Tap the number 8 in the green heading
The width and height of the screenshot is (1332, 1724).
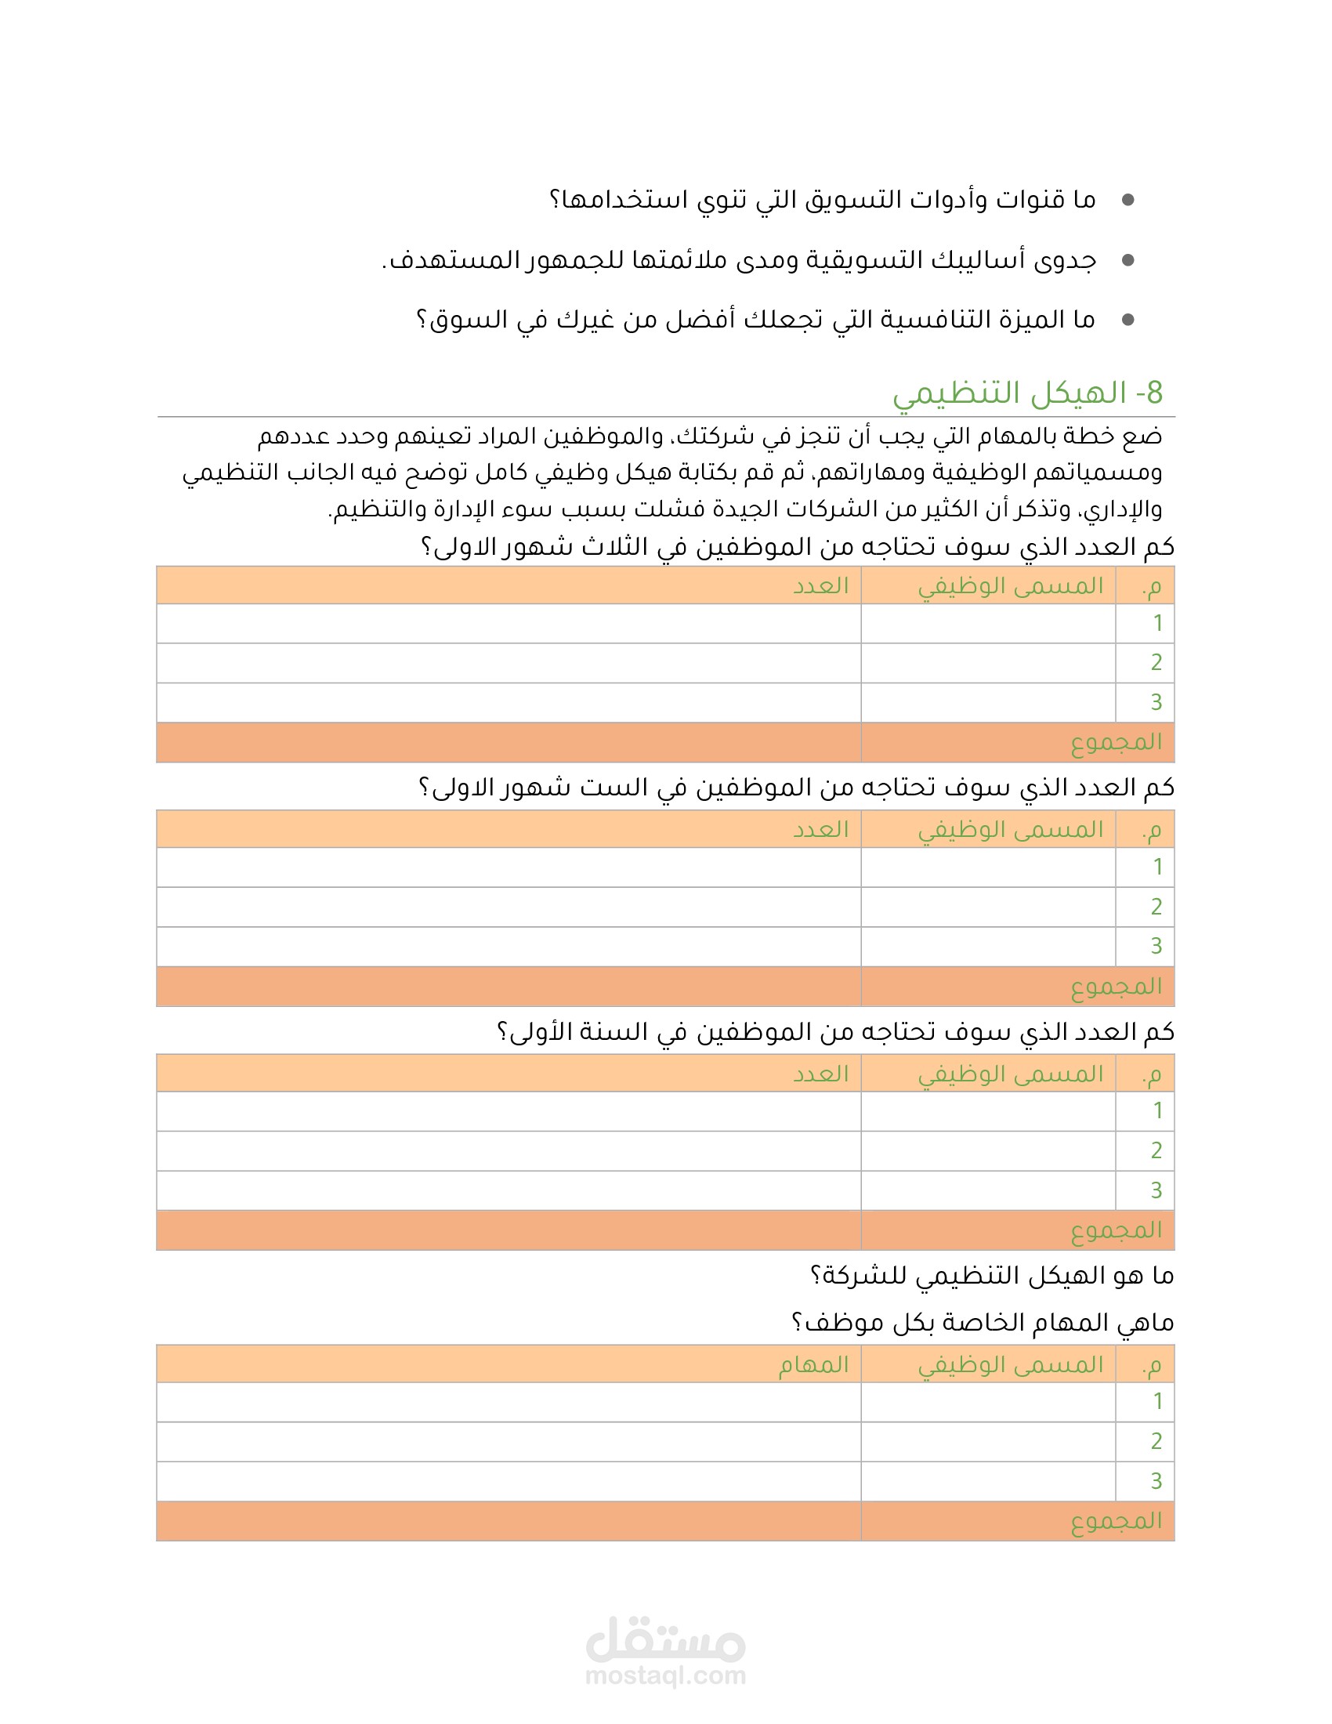click(x=1154, y=393)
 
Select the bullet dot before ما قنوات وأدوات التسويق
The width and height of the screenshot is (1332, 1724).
click(x=1127, y=201)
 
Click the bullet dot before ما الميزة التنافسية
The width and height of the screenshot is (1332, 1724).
click(x=1127, y=320)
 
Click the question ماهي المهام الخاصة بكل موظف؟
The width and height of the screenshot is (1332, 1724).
click(x=983, y=1323)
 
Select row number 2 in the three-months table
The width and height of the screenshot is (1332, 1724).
click(x=1156, y=662)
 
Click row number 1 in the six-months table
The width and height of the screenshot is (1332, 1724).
click(x=1156, y=867)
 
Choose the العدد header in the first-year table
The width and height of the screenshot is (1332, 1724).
click(x=820, y=1074)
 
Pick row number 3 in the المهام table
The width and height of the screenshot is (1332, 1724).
click(x=1156, y=1481)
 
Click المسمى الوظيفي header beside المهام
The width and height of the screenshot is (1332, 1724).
click(x=1010, y=1365)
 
